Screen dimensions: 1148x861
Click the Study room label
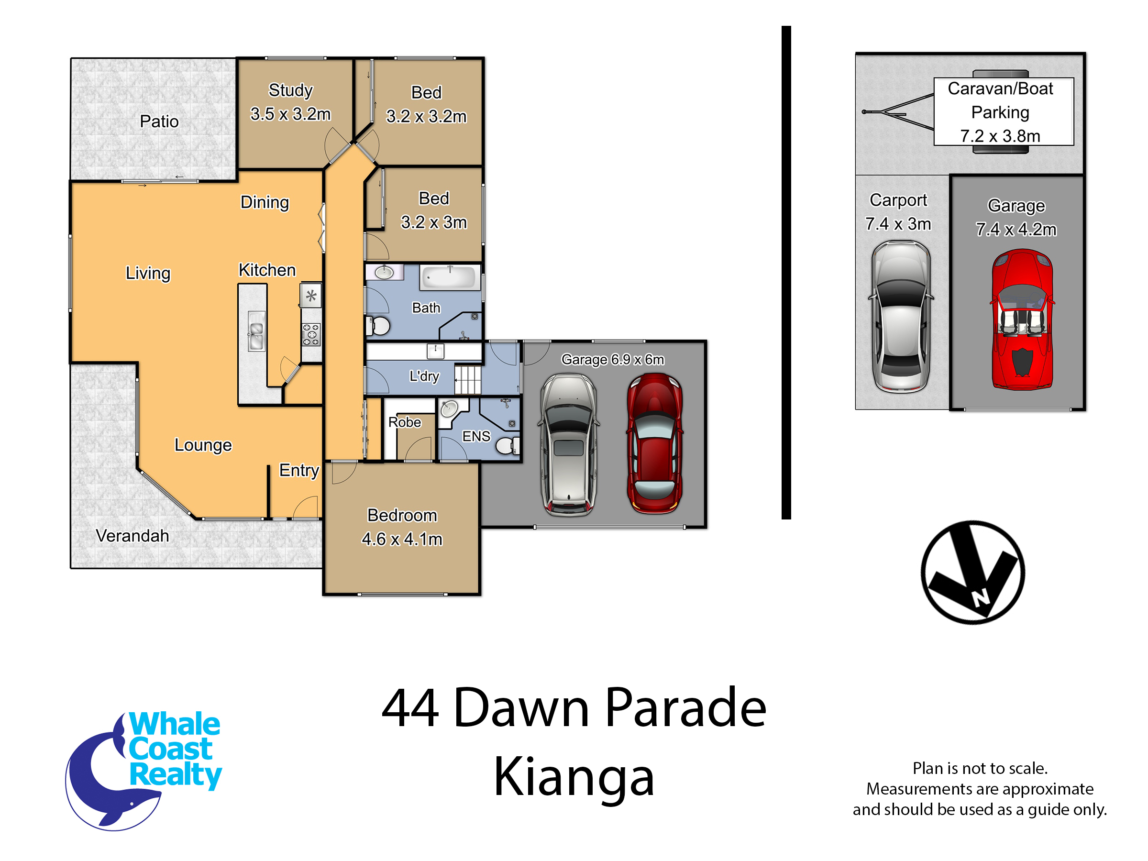pyautogui.click(x=291, y=90)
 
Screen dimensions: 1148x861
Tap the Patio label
pyautogui.click(x=159, y=121)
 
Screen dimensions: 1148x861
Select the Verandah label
pyautogui.click(x=132, y=536)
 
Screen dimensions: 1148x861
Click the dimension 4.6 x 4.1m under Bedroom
pyautogui.click(x=402, y=539)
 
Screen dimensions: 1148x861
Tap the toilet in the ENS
pyautogui.click(x=508, y=445)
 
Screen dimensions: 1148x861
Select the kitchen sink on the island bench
pyautogui.click(x=256, y=331)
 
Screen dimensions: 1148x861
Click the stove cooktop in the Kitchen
pyautogui.click(x=311, y=334)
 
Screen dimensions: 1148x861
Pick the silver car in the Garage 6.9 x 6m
pyautogui.click(x=569, y=445)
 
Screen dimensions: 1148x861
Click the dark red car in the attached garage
pyautogui.click(x=654, y=444)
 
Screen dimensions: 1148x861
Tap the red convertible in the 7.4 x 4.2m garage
pyautogui.click(x=1022, y=320)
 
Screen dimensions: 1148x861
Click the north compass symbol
pyautogui.click(x=972, y=572)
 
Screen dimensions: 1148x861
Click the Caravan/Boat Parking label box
pyautogui.click(x=1004, y=111)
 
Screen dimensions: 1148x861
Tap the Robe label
pyautogui.click(x=405, y=422)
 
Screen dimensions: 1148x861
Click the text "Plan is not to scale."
pyautogui.click(x=980, y=768)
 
